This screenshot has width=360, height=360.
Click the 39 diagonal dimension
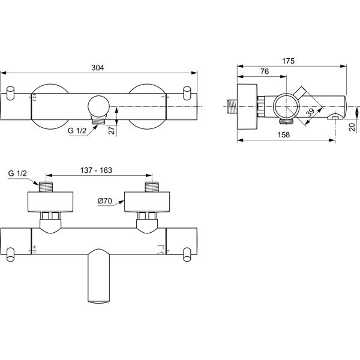(x=309, y=112)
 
